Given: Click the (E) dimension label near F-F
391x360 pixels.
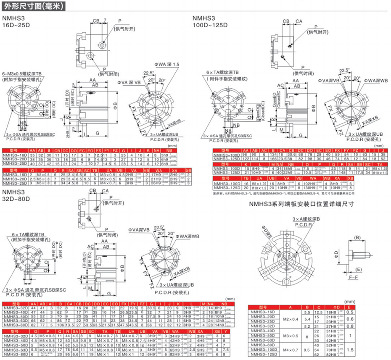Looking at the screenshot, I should (x=358, y=268).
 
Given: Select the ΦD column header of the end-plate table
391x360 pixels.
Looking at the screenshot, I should (x=333, y=307).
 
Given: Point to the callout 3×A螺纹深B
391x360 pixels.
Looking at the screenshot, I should (x=306, y=219).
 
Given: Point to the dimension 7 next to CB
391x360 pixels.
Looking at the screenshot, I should (x=105, y=20).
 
